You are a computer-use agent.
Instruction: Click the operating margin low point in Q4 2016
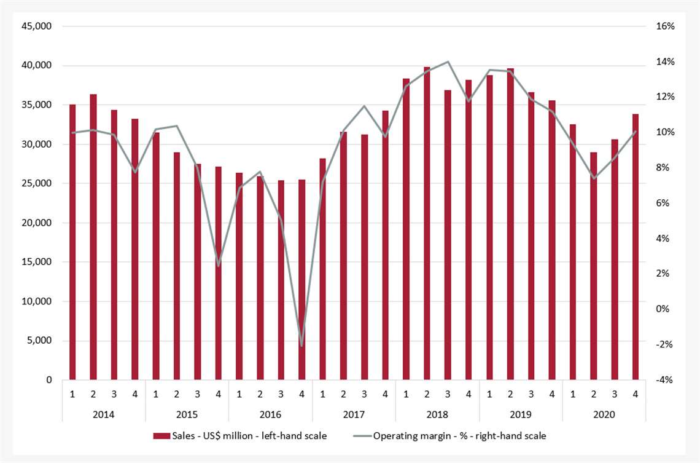tap(301, 346)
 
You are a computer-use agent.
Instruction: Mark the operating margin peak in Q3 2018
tap(448, 61)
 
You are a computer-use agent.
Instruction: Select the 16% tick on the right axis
tap(664, 26)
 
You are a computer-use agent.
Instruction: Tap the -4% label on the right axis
tap(664, 380)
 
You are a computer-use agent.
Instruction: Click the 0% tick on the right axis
tap(664, 309)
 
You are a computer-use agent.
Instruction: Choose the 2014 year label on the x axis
tap(103, 414)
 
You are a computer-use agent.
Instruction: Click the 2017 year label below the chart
tap(354, 414)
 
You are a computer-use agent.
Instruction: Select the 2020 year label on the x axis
tap(604, 414)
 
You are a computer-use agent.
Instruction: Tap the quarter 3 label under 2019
tap(531, 394)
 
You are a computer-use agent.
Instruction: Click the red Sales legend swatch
tap(161, 436)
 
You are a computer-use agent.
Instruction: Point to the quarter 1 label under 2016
tap(239, 394)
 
